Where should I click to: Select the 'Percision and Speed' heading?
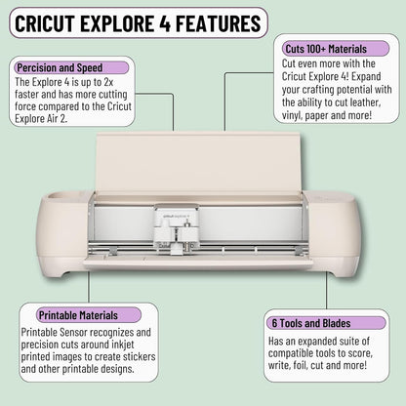[x=61, y=67]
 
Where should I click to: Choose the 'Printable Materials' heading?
[x=78, y=315]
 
